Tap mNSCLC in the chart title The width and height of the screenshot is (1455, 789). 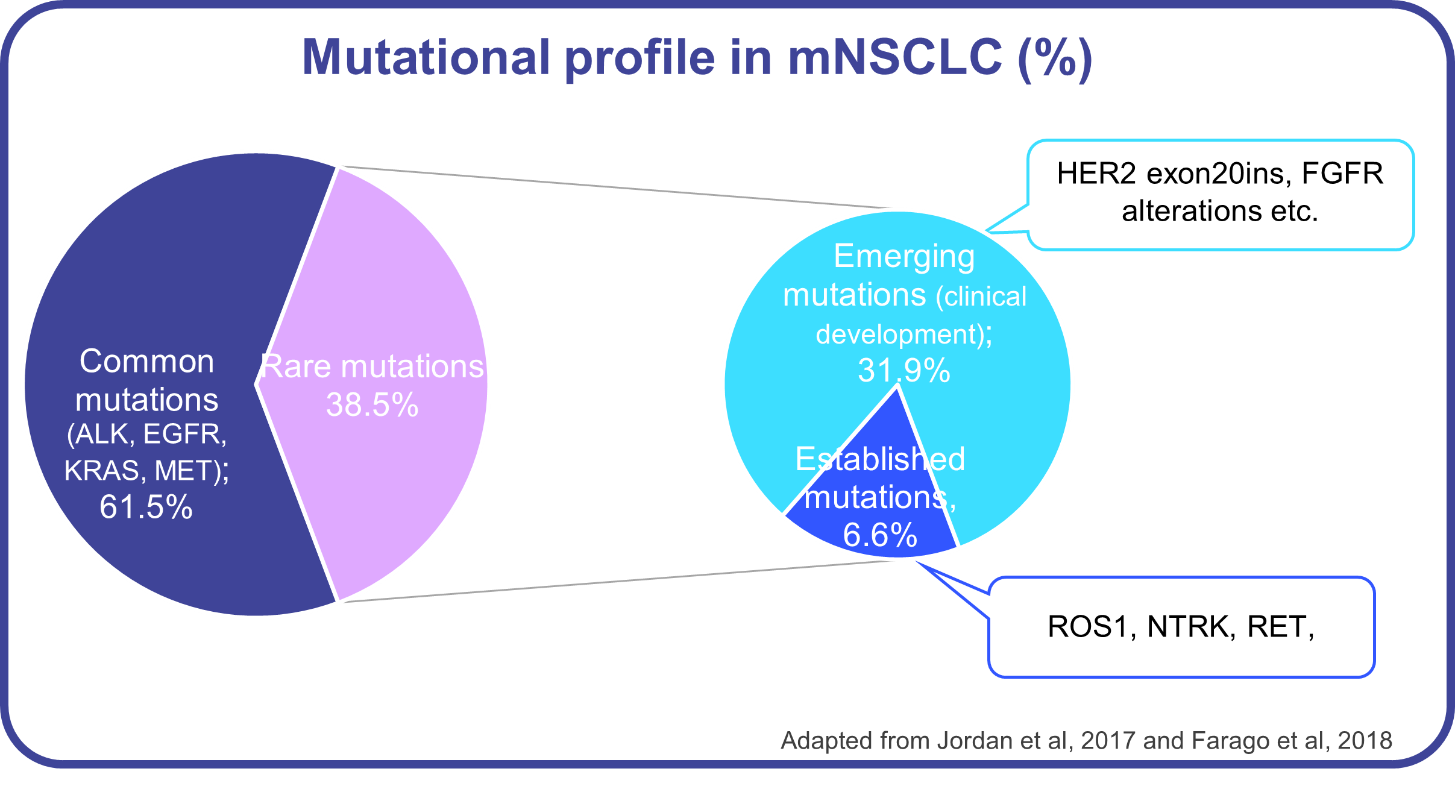(x=895, y=58)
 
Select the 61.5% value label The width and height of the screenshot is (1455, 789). (x=146, y=507)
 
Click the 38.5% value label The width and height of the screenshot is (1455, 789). (x=372, y=404)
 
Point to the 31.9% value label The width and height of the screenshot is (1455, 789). (x=903, y=370)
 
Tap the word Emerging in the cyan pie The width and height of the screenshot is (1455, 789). (x=904, y=257)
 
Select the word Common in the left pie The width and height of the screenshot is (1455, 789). (x=146, y=362)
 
